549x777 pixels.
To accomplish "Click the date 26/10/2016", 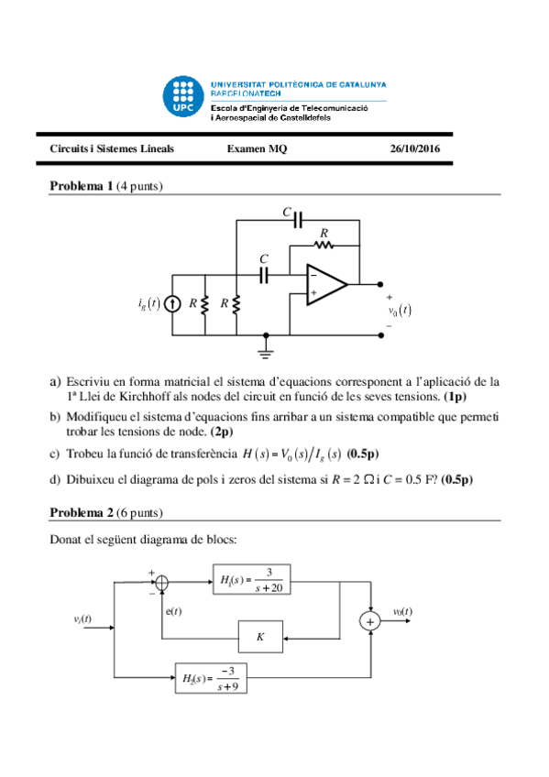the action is [x=414, y=148].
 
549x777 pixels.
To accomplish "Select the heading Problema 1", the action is [x=81, y=186].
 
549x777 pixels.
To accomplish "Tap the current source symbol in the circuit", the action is [x=171, y=303].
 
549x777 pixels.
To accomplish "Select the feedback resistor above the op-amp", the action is [x=323, y=245].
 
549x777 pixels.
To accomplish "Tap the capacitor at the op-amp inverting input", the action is [x=265, y=273].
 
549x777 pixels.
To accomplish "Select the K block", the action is [x=260, y=635].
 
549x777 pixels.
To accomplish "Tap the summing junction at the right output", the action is [x=371, y=621].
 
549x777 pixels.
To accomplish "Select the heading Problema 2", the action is [x=81, y=512].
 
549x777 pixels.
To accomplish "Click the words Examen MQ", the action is [x=257, y=148].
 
